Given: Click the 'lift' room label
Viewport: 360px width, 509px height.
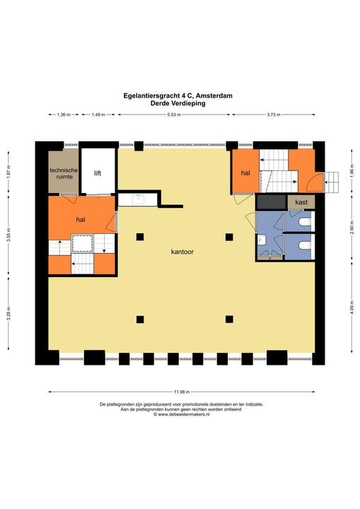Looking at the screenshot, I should point(98,172).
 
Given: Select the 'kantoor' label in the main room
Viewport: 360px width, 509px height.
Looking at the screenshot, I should point(182,252).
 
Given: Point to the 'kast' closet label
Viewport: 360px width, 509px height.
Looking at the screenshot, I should point(301,203).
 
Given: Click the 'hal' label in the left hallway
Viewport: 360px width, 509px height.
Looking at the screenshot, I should point(81,220).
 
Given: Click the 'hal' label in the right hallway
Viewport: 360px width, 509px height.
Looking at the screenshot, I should point(245,172).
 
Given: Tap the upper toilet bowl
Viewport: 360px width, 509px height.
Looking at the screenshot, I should point(303,222).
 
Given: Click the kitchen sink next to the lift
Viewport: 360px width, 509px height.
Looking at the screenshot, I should point(139,199).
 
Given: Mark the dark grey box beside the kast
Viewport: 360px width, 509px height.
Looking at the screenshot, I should point(269,202).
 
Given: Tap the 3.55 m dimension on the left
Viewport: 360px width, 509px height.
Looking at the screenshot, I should point(8,238).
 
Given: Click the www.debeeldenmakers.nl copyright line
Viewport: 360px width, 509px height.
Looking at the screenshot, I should point(181,415).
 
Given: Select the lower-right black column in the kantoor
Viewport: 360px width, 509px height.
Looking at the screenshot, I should point(228,319).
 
